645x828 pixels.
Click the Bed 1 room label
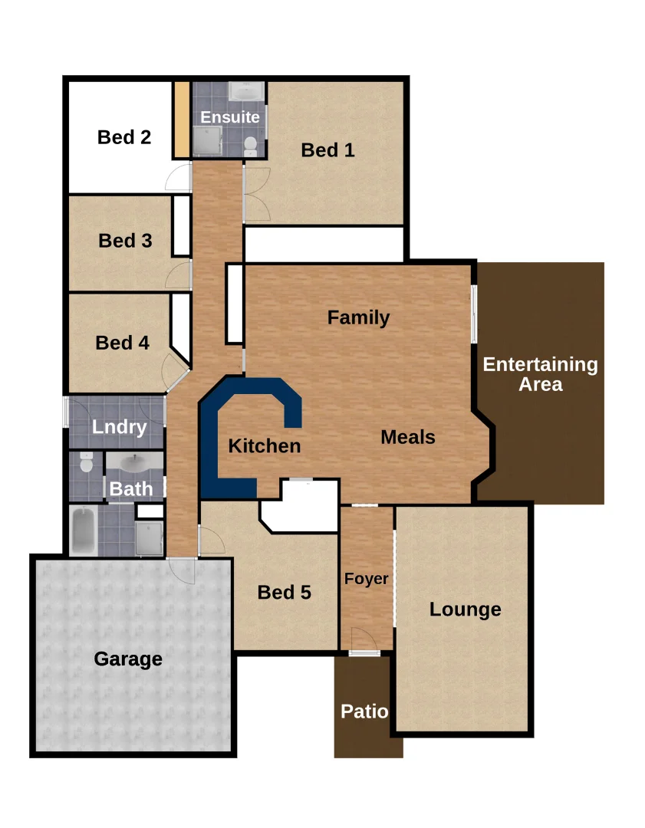point(327,150)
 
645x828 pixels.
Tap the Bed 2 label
point(124,137)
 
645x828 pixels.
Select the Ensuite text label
point(230,117)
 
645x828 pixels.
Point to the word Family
point(358,317)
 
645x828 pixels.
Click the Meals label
point(408,437)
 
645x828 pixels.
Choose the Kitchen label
point(265,445)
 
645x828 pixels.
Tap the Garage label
point(128,659)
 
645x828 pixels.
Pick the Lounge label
point(465,609)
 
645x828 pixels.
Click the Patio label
point(364,711)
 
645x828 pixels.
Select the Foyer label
point(366,579)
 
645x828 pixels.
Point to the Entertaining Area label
point(540,374)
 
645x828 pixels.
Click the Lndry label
point(119,427)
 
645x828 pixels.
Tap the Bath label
point(131,488)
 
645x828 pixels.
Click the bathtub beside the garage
point(83,531)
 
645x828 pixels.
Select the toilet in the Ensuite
point(250,146)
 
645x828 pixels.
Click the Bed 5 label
point(284,592)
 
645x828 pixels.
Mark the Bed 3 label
point(125,241)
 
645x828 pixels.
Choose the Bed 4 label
point(122,343)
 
